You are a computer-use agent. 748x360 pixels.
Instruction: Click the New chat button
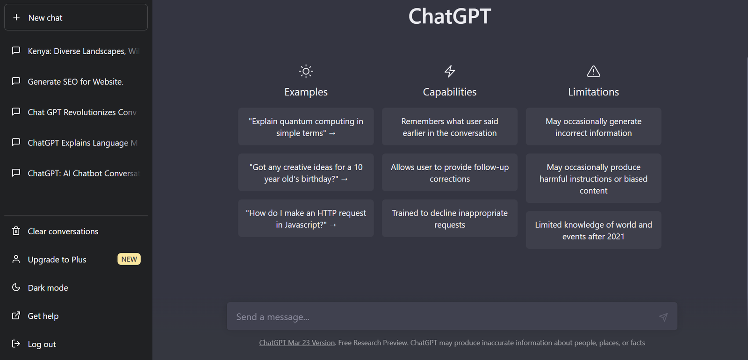[x=76, y=17]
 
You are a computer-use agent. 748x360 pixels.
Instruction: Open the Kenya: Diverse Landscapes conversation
[x=76, y=51]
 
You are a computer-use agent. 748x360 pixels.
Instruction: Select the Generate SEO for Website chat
[x=76, y=81]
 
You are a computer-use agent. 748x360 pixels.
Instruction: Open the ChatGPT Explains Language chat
[x=76, y=143]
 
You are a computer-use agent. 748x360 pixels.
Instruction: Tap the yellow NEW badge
[x=129, y=259]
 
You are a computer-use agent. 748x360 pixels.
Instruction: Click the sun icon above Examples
[x=306, y=71]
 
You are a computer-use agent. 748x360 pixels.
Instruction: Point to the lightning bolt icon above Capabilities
[x=449, y=71]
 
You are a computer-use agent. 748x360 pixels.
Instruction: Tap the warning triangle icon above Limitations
[x=593, y=71]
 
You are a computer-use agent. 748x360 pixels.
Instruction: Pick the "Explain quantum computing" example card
[x=306, y=127]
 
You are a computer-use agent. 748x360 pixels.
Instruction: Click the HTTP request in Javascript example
[x=306, y=218]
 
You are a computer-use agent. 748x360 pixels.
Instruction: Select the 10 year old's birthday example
[x=306, y=173]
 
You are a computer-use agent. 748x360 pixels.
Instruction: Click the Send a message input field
[x=441, y=317]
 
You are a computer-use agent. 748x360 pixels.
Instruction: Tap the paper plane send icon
[x=663, y=317]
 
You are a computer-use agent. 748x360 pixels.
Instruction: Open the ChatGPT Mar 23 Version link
[x=297, y=343]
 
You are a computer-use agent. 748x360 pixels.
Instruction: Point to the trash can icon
[x=16, y=231]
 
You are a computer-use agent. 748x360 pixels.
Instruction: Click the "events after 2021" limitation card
[x=593, y=230]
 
